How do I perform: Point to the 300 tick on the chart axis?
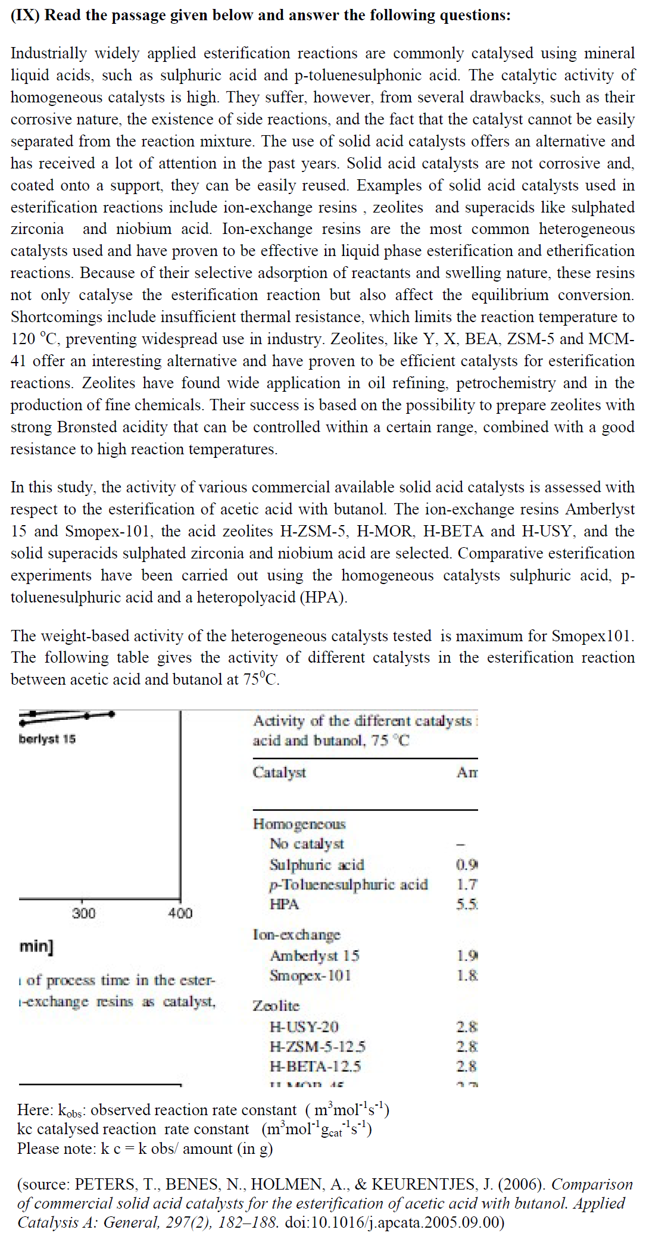pyautogui.click(x=83, y=913)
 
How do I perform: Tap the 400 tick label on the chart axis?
pyautogui.click(x=180, y=913)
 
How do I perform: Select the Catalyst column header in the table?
pyautogui.click(x=279, y=772)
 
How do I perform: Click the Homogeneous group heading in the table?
pyautogui.click(x=299, y=823)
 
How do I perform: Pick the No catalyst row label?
pyautogui.click(x=307, y=844)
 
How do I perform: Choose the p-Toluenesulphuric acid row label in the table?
pyautogui.click(x=348, y=884)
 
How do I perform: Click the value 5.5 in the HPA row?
pyautogui.click(x=467, y=904)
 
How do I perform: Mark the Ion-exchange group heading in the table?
pyautogui.click(x=297, y=935)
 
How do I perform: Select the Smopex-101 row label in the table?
pyautogui.click(x=310, y=975)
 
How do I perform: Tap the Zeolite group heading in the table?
pyautogui.click(x=276, y=1006)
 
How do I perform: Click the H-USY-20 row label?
pyautogui.click(x=304, y=1026)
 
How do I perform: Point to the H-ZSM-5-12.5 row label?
pyautogui.click(x=317, y=1046)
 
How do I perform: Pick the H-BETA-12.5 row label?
pyautogui.click(x=315, y=1066)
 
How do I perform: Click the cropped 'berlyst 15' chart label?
pyautogui.click(x=47, y=739)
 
